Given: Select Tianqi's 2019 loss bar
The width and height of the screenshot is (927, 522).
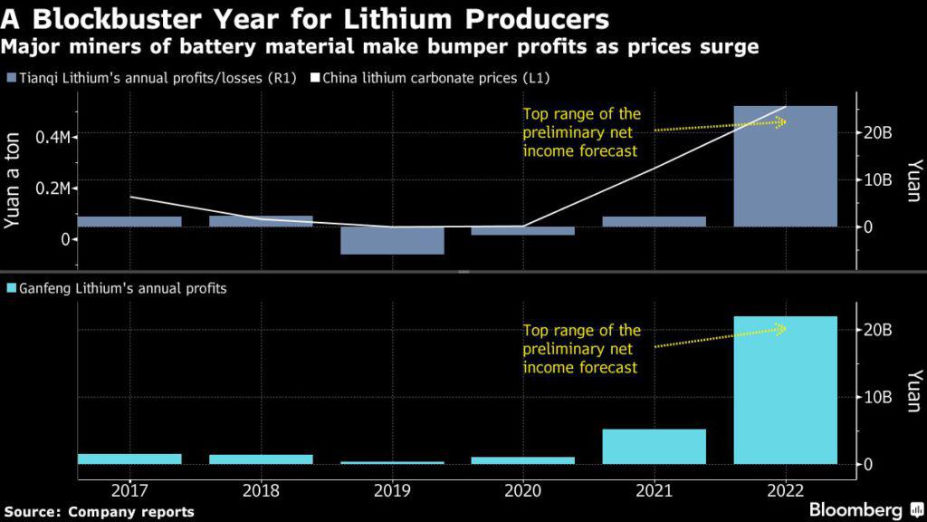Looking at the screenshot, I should [x=392, y=240].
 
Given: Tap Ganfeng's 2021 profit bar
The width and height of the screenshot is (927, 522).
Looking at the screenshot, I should [x=654, y=447].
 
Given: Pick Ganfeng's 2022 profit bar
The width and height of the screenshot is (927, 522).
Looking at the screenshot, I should [x=785, y=390].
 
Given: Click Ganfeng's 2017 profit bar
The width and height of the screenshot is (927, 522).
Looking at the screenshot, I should [x=129, y=459].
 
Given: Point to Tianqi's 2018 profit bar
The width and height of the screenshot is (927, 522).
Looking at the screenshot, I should [x=261, y=221].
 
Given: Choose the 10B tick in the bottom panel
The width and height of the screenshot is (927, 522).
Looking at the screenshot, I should [x=879, y=397].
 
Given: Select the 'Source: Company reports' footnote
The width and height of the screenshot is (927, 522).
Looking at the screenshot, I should [x=99, y=512].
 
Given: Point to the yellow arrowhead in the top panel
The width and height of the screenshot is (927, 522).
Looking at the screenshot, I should [x=781, y=121].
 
